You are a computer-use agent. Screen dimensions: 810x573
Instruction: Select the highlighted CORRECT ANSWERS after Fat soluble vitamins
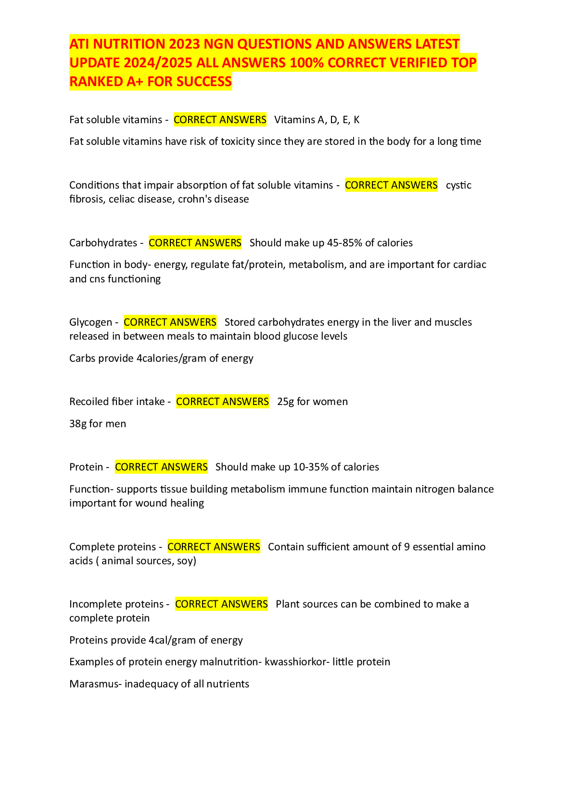point(220,120)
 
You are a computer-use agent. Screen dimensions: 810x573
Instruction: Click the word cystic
point(458,185)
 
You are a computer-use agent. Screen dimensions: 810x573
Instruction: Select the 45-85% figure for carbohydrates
point(344,243)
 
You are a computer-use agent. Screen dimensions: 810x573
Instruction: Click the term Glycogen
point(90,322)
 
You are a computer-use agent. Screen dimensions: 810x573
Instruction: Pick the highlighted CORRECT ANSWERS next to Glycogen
point(170,322)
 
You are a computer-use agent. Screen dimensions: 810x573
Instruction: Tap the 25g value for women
point(285,402)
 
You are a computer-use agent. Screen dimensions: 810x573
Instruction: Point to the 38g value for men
point(77,424)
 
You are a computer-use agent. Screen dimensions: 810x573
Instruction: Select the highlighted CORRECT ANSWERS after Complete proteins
point(214,547)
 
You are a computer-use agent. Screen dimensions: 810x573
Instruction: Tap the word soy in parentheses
point(185,561)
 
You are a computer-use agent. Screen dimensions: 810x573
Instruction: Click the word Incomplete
point(93,604)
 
